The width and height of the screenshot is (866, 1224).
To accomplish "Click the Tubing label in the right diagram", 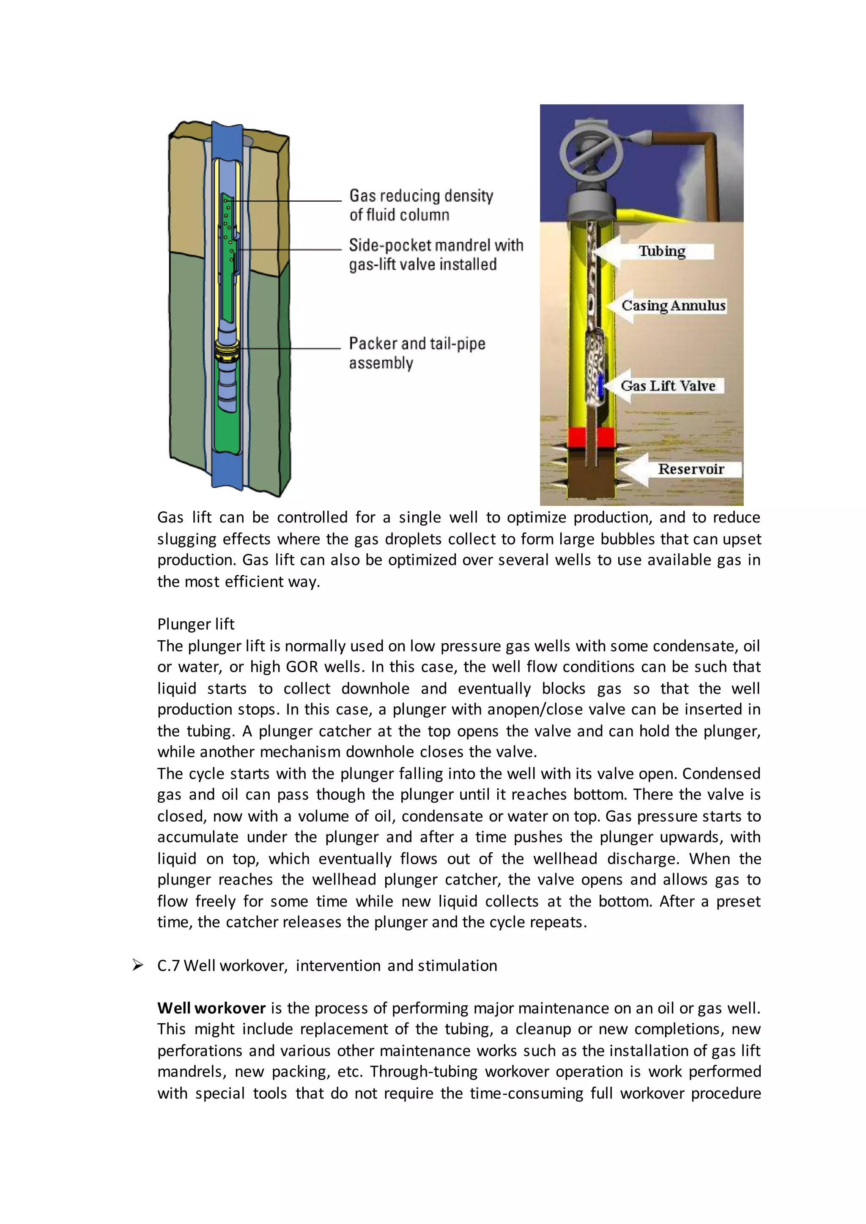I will pyautogui.click(x=662, y=251).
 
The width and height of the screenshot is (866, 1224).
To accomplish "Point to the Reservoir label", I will pyautogui.click(x=691, y=469).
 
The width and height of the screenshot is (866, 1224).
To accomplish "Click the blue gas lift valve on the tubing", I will pyautogui.click(x=600, y=385).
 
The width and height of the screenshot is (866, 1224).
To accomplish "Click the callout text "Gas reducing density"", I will pyautogui.click(x=421, y=196).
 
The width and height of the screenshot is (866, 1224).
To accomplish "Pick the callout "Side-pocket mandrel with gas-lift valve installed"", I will pyautogui.click(x=435, y=255).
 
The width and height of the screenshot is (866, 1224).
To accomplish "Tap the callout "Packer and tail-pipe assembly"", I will pyautogui.click(x=417, y=352).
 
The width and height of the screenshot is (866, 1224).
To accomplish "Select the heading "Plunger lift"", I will pyautogui.click(x=196, y=624).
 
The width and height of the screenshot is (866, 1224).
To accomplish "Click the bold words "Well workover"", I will pyautogui.click(x=211, y=1008).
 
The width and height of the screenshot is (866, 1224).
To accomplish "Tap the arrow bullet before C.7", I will pyautogui.click(x=137, y=965).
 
